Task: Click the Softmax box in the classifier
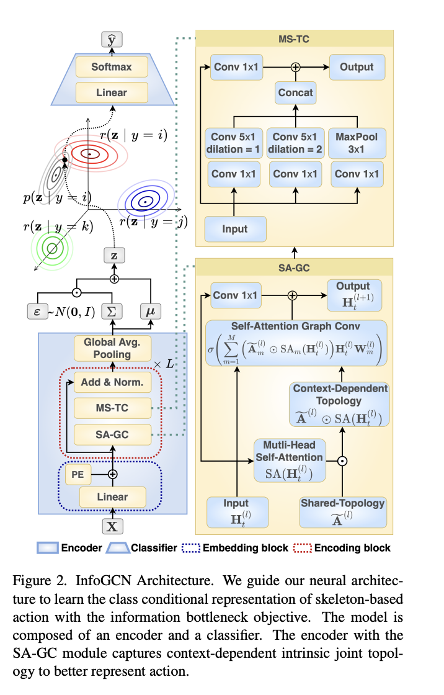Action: pos(112,66)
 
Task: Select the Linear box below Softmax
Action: pos(112,92)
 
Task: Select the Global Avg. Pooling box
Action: pos(112,348)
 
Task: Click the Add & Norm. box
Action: pos(112,382)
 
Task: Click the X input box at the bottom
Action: pos(112,527)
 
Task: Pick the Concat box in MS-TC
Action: pos(295,93)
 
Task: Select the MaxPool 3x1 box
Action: pos(356,141)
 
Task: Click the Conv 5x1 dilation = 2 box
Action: pos(295,141)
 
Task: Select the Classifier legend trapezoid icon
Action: pos(118,548)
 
